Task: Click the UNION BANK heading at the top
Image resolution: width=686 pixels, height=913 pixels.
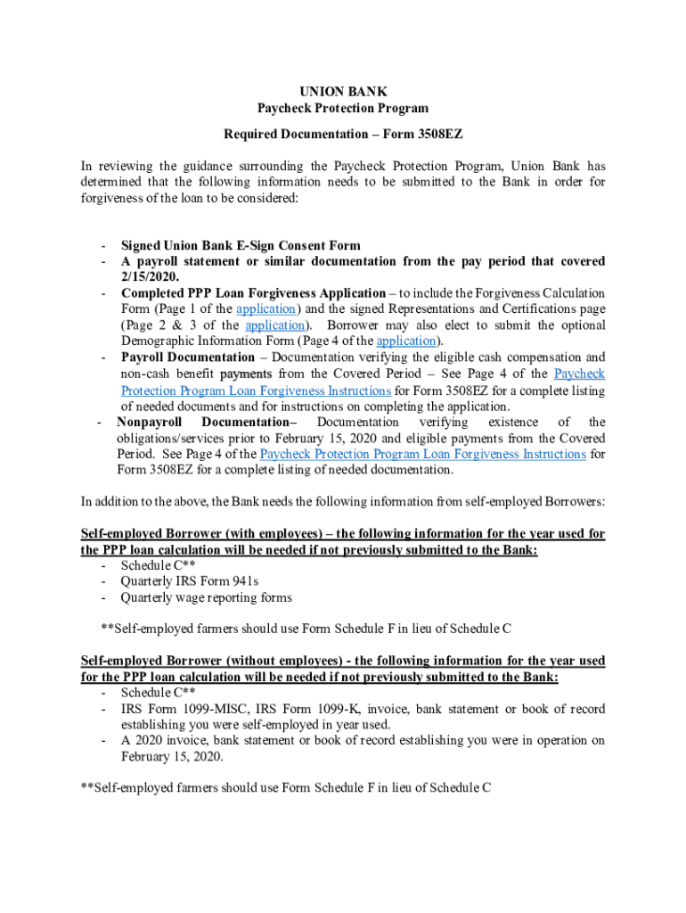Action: click(x=343, y=92)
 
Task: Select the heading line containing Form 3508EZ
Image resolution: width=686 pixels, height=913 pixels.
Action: click(x=343, y=133)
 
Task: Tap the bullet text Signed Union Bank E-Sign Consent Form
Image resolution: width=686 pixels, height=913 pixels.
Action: click(x=241, y=246)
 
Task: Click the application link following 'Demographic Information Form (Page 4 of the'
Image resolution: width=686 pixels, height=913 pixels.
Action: click(x=406, y=341)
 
